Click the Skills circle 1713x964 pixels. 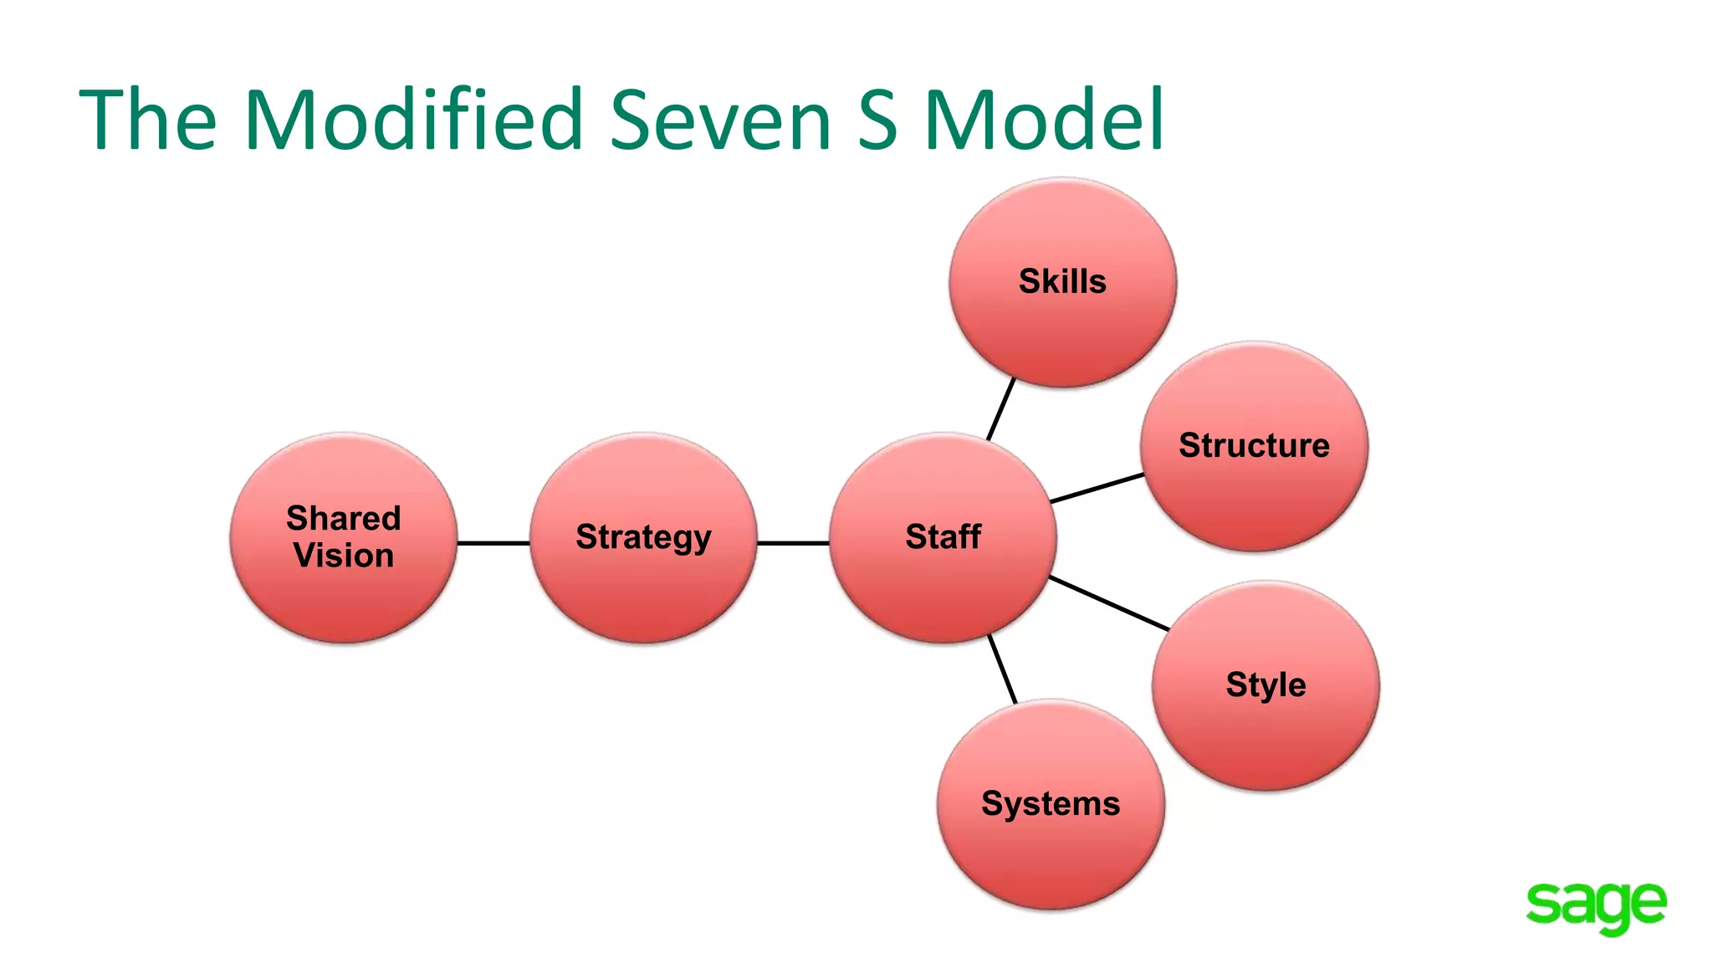[x=1062, y=283]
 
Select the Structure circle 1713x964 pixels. [x=1254, y=446]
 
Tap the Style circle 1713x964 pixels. [x=1266, y=685]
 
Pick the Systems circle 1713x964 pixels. [x=1051, y=804]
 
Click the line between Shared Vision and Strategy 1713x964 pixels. [x=493, y=543]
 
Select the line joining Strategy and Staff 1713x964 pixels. [x=793, y=543]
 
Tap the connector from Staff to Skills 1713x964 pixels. [x=1001, y=408]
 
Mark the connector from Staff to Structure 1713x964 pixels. [x=1097, y=488]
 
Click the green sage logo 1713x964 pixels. [x=1595, y=906]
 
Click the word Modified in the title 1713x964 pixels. [x=413, y=119]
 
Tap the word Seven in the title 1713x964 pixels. [x=720, y=119]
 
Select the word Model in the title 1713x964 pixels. [x=1044, y=119]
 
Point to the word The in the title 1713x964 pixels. [x=148, y=119]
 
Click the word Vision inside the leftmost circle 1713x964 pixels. [x=344, y=556]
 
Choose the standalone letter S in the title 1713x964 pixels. [x=877, y=119]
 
